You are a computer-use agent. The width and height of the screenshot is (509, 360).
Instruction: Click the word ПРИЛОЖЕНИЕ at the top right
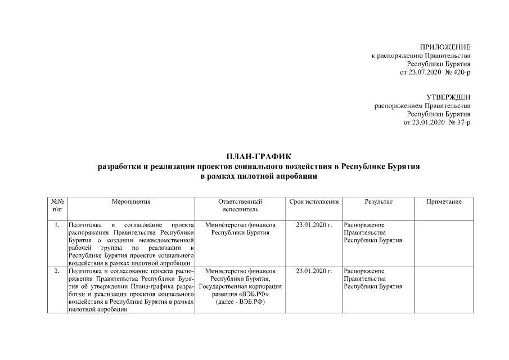[x=445, y=47]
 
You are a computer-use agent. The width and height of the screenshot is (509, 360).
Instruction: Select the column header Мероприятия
[x=131, y=201]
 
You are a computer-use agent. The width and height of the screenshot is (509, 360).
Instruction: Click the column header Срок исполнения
[x=314, y=201]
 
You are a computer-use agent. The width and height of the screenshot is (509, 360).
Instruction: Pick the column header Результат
[x=379, y=201]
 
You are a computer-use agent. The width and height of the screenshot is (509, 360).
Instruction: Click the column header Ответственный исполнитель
[x=240, y=205]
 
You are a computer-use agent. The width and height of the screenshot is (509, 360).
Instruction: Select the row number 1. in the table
[x=57, y=225]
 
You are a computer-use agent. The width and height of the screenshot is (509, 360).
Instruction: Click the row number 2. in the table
[x=57, y=271]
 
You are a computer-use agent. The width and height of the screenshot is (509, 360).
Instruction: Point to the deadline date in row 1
[x=314, y=225]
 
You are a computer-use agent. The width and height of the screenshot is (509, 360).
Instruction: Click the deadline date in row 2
[x=314, y=271]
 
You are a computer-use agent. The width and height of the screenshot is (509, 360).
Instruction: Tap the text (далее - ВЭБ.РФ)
[x=240, y=302]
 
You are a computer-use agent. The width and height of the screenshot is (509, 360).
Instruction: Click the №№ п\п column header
[x=57, y=205]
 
